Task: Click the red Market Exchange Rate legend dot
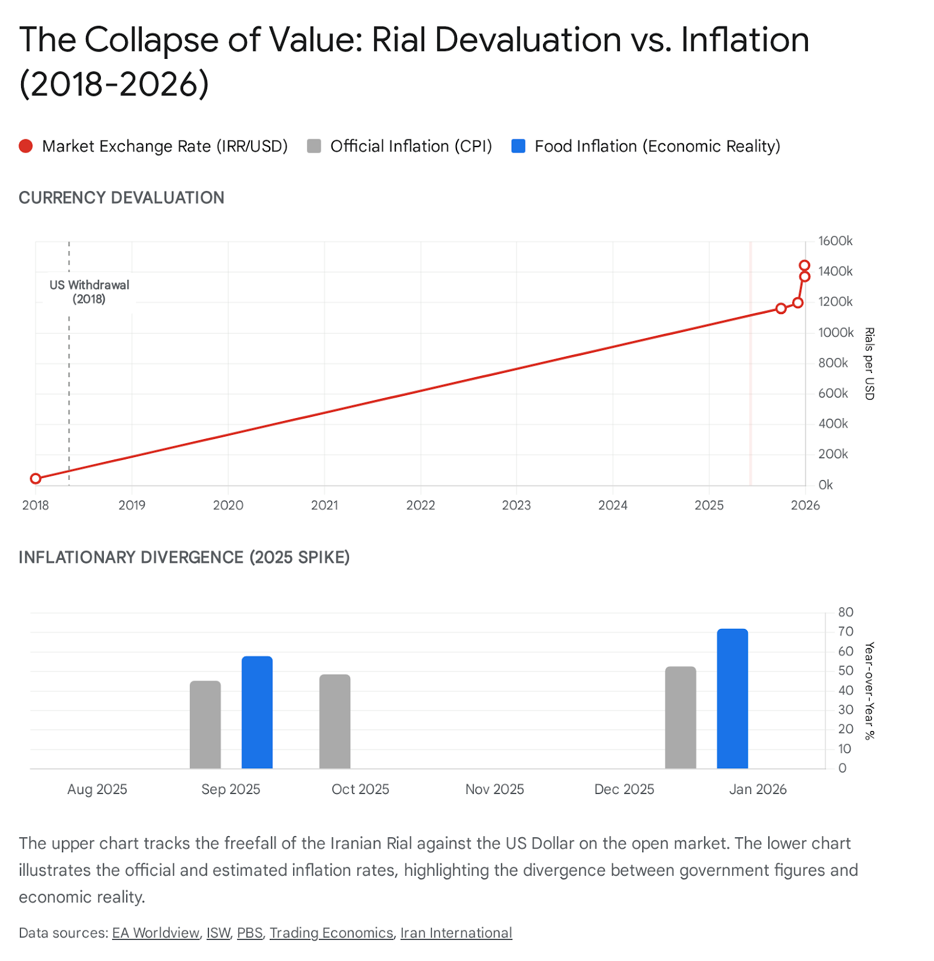coord(26,146)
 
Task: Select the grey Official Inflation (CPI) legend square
coord(314,146)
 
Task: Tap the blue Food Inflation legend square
coord(518,146)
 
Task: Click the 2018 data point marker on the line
coord(35,479)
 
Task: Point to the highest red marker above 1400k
coord(805,265)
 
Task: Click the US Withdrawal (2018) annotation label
coord(89,292)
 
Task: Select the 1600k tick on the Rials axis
coord(835,241)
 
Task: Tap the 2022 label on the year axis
coord(420,505)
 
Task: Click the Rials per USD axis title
coord(869,363)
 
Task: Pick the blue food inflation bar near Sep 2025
coord(257,712)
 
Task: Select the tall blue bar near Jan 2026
coord(732,699)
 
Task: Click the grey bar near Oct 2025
coord(335,721)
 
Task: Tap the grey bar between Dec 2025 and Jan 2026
coord(681,718)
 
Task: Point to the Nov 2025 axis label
coord(494,789)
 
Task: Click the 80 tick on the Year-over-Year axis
coord(846,612)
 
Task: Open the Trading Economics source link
coord(331,933)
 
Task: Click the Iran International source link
coord(456,933)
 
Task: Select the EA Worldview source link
coord(156,933)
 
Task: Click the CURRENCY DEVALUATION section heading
coord(121,198)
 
